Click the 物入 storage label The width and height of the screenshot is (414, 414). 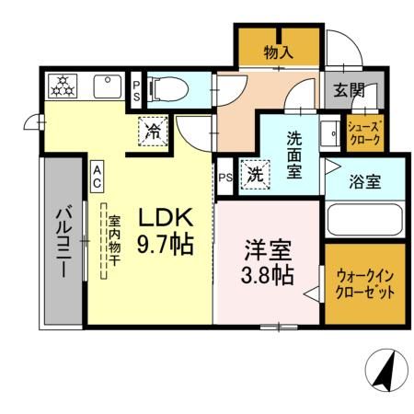point(278,52)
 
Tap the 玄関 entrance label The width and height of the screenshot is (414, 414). point(349,90)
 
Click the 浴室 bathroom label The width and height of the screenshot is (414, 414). point(363,182)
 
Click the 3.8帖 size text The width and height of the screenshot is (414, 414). point(268,275)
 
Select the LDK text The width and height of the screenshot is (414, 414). point(165,218)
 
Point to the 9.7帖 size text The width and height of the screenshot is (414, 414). point(166,246)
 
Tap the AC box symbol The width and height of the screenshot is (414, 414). point(97,177)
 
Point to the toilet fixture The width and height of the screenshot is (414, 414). point(171,89)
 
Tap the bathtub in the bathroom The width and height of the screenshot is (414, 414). point(362,221)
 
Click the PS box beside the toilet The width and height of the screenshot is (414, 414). point(136,90)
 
